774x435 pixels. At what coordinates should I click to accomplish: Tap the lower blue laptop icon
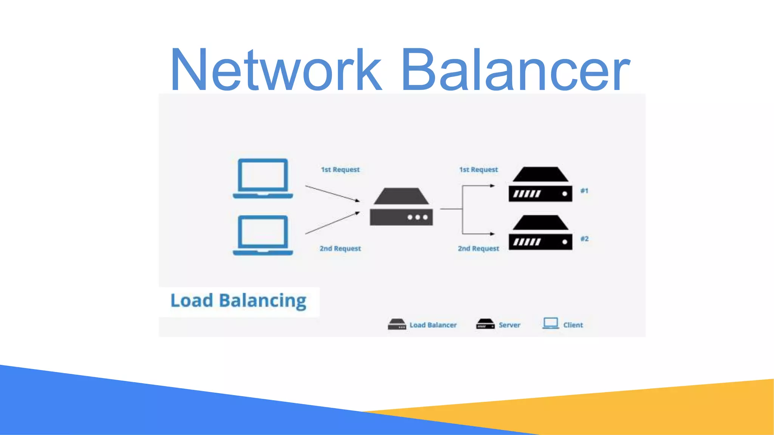263,235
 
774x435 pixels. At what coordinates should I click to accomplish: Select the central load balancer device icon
401,207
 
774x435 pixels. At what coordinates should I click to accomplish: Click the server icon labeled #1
540,185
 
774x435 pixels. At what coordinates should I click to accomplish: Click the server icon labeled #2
540,233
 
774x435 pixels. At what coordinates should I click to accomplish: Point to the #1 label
584,191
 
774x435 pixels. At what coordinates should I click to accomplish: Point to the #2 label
584,239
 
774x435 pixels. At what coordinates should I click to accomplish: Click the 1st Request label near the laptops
340,170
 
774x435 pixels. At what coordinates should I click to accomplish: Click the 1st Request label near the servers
478,170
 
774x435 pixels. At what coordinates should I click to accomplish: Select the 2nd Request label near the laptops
340,248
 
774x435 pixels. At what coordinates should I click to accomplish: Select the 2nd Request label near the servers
478,248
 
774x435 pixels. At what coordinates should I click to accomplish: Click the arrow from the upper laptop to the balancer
332,193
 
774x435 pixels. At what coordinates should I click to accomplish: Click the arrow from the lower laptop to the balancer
332,223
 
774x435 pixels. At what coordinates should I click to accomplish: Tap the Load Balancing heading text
238,301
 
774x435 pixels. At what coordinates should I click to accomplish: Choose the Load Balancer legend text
433,325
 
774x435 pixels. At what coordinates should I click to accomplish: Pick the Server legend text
509,325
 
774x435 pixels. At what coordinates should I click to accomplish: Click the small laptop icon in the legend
551,324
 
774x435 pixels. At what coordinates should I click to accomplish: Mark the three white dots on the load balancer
417,217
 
